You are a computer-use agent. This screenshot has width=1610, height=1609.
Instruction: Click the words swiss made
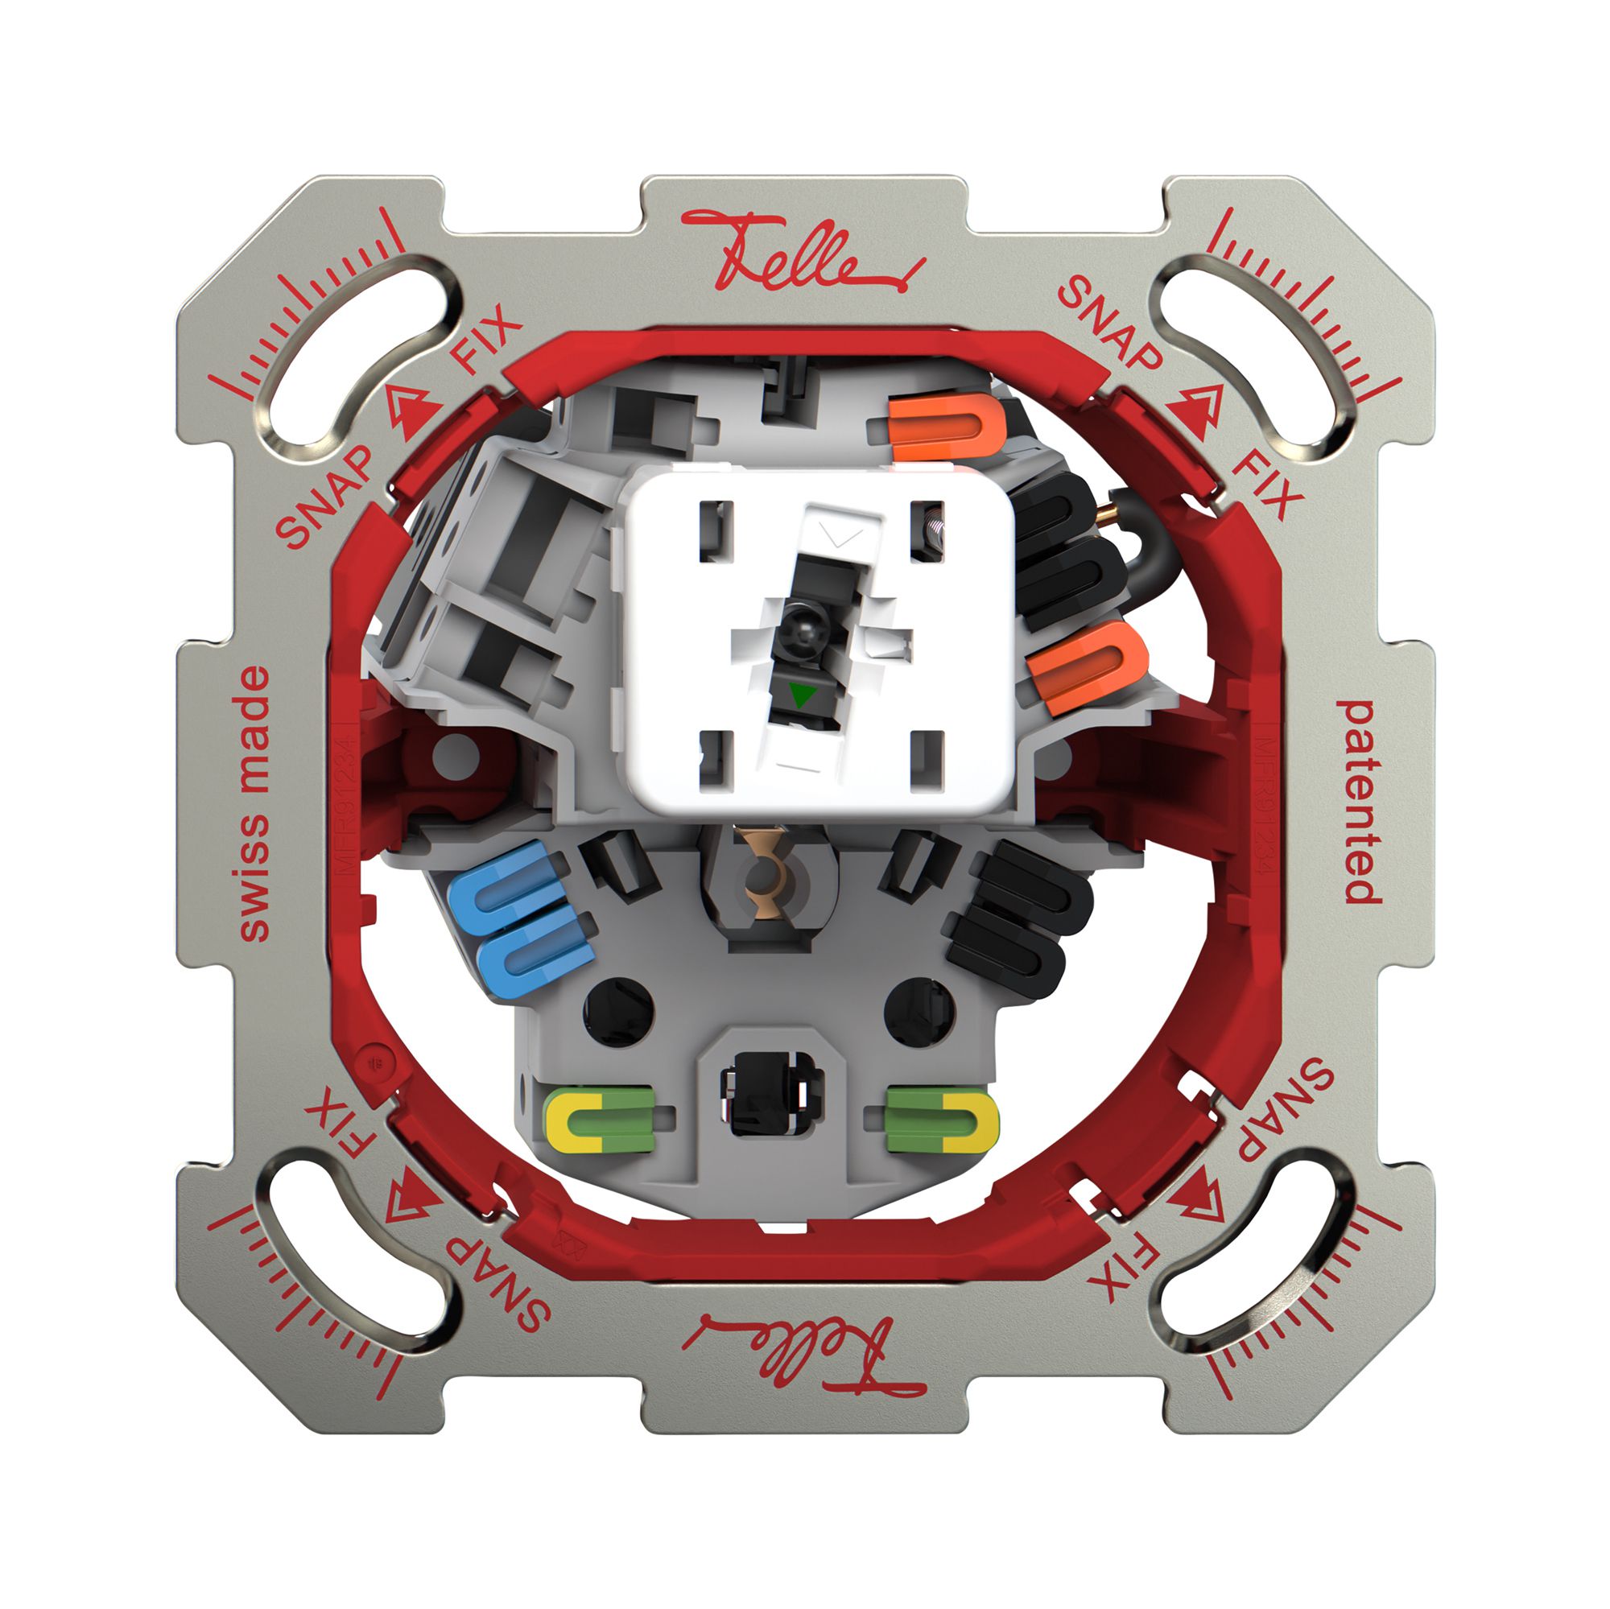254,803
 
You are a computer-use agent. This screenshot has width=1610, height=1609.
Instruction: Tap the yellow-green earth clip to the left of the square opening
598,1118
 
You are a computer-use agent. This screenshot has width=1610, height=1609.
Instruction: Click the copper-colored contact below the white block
762,870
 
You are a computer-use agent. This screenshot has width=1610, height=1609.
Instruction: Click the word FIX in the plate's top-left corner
486,340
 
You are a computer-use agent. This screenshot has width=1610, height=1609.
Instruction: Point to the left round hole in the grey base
617,1012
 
